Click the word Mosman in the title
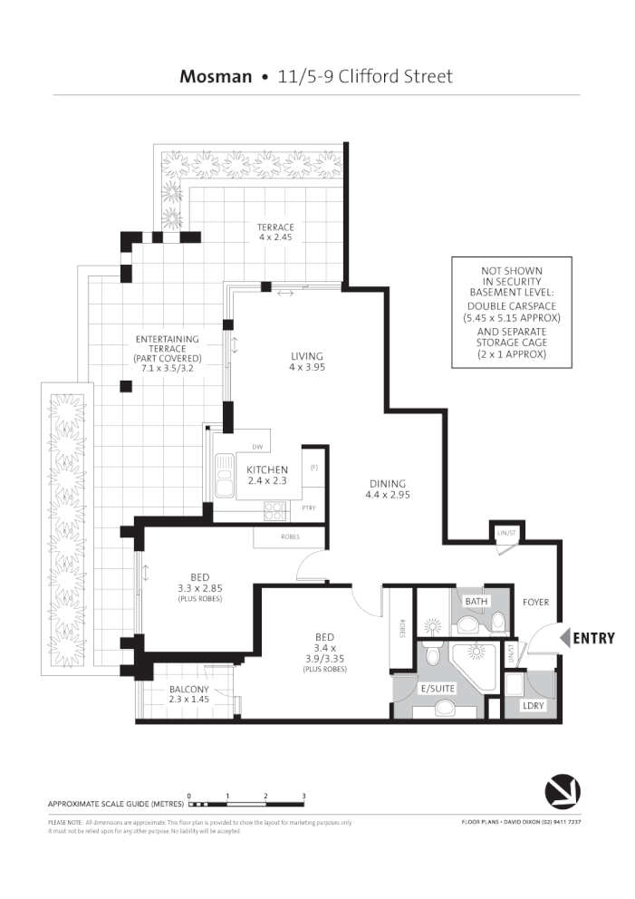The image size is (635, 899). click(x=216, y=76)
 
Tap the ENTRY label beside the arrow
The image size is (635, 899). click(x=593, y=638)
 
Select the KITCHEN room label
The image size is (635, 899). click(x=267, y=469)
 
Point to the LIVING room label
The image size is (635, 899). click(x=306, y=356)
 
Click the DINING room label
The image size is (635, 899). click(x=386, y=483)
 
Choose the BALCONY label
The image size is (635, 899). click(x=188, y=690)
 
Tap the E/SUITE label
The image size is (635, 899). click(x=438, y=689)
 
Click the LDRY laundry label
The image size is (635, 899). click(x=533, y=704)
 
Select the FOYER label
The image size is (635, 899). click(x=536, y=603)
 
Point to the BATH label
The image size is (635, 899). click(x=476, y=601)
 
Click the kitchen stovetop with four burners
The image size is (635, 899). click(x=274, y=511)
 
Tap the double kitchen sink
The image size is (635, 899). click(x=223, y=476)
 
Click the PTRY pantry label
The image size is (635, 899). click(x=309, y=508)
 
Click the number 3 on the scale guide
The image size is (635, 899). click(x=303, y=795)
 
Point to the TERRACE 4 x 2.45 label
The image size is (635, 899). click(x=275, y=227)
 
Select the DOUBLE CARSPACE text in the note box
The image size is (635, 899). click(x=512, y=306)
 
